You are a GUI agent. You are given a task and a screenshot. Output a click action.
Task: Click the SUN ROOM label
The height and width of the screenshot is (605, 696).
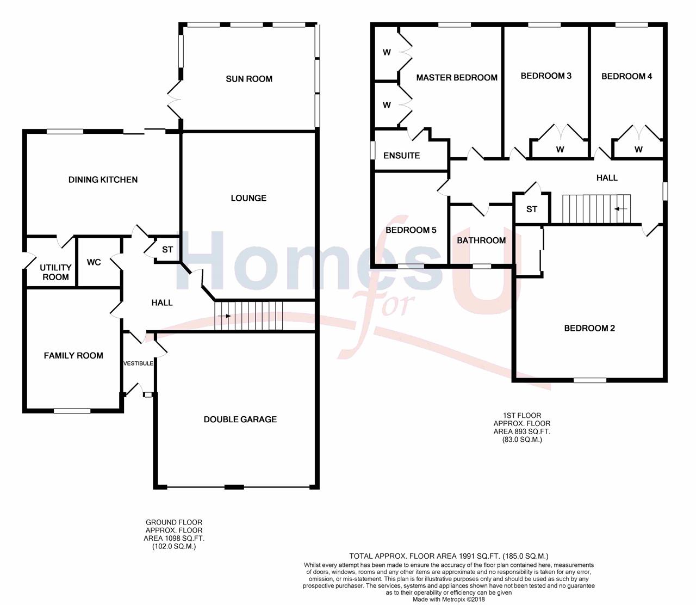[249, 79]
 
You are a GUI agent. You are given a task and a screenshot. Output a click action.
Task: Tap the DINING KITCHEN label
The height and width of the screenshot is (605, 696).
[103, 180]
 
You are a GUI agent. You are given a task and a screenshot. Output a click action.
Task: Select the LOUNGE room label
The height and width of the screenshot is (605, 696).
[248, 198]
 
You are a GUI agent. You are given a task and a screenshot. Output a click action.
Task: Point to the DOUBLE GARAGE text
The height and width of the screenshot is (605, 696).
[240, 419]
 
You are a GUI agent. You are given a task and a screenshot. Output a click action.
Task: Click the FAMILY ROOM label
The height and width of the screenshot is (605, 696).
[73, 356]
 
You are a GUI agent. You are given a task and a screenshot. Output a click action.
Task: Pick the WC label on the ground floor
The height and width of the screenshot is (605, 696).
[94, 262]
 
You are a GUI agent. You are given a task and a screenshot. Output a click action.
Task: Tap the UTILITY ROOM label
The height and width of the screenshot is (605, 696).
[55, 272]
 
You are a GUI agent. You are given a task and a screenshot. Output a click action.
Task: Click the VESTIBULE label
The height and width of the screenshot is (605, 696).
[138, 363]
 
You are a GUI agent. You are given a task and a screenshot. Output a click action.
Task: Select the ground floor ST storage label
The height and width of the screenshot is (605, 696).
[167, 249]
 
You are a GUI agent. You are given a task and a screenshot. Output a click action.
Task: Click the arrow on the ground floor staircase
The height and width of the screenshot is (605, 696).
[224, 316]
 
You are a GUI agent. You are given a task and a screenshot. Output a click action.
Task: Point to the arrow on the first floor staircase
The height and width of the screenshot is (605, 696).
[620, 209]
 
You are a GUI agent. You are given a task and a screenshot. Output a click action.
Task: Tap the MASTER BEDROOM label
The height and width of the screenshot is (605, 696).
[457, 78]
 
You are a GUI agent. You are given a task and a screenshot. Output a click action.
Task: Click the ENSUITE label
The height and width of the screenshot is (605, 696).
[401, 156]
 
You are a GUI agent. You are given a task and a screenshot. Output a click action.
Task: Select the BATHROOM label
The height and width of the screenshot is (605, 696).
[481, 240]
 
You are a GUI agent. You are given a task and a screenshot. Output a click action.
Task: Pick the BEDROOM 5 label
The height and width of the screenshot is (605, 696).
[411, 230]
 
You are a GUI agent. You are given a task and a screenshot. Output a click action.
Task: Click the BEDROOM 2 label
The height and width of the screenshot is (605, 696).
[589, 329]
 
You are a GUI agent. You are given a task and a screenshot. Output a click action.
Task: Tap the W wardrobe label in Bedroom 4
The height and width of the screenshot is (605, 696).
[638, 149]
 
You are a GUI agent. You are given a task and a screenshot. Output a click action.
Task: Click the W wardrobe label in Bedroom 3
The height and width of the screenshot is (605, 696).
[560, 149]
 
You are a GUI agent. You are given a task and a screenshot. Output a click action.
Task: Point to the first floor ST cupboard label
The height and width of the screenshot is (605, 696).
[532, 209]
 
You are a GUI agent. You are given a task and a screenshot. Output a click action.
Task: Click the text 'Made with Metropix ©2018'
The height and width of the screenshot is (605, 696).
[449, 599]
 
